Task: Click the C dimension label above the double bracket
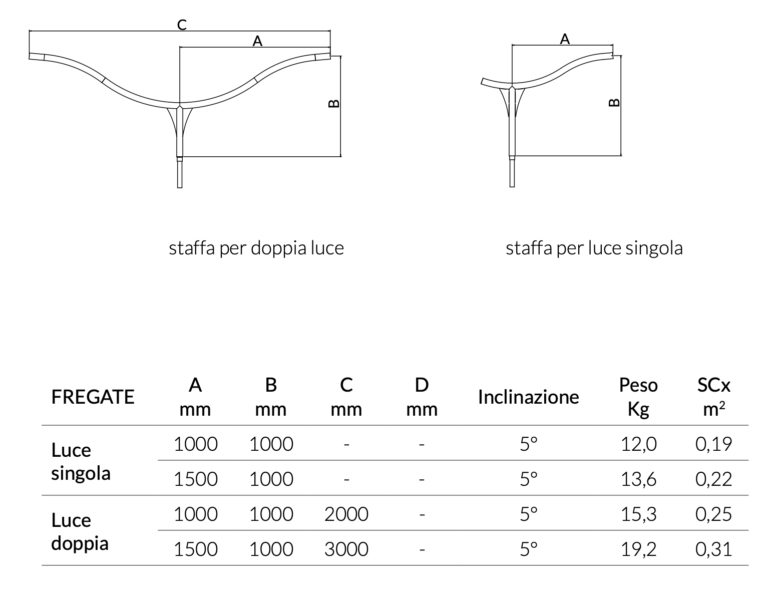click(182, 25)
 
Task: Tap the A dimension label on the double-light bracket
click(257, 41)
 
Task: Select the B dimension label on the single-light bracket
click(614, 103)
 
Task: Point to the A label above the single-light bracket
click(565, 39)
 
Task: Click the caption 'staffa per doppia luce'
click(256, 248)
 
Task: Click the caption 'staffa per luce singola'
click(594, 248)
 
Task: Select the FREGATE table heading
click(93, 397)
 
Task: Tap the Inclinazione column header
click(529, 397)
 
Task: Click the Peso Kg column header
click(638, 397)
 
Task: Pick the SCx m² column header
click(714, 397)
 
